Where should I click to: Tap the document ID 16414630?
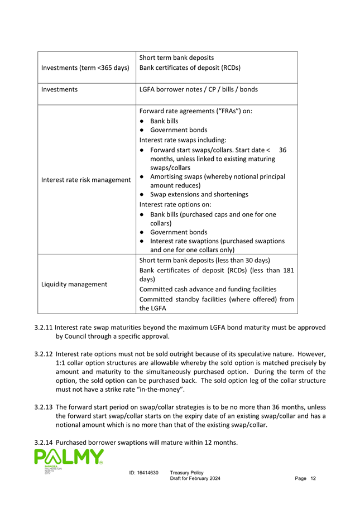[x=143, y=473]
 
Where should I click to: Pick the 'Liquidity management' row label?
[x=74, y=284]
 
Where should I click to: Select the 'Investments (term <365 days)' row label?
[x=85, y=68]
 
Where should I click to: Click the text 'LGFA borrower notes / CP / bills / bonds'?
[x=198, y=89]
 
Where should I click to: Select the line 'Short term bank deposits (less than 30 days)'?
[x=204, y=261]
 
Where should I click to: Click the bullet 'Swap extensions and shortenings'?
[x=199, y=194]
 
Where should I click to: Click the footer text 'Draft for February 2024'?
[x=195, y=480]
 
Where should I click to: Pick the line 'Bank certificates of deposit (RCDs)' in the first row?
[x=190, y=68]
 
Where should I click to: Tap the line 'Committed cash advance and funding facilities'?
[x=208, y=289]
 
